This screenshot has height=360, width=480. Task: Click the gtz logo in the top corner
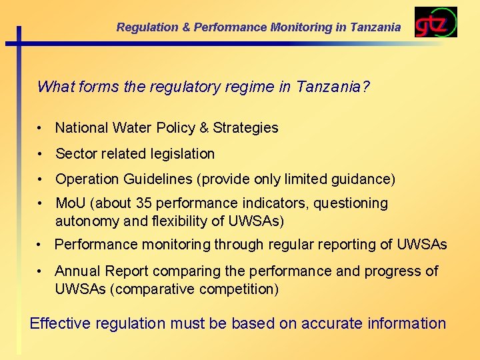click(x=435, y=22)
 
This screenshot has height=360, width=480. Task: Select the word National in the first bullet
click(x=81, y=127)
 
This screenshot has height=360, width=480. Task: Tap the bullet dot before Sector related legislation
click(x=41, y=153)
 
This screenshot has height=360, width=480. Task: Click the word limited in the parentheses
click(x=304, y=179)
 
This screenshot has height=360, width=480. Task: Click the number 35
click(x=143, y=203)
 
